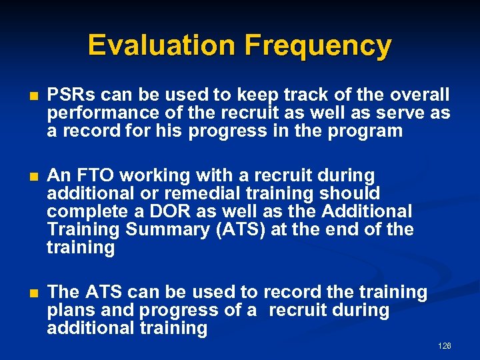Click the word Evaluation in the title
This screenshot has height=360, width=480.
click(x=162, y=45)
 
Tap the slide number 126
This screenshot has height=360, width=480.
click(x=445, y=346)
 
